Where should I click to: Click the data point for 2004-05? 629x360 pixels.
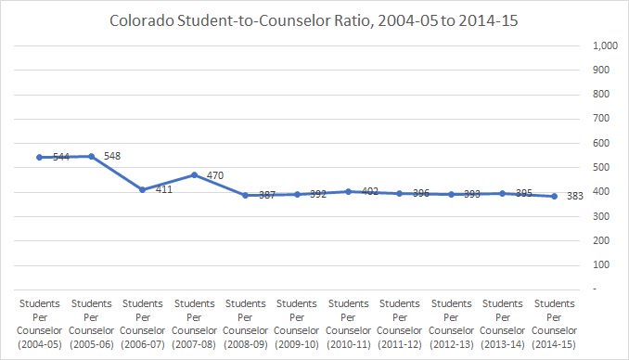[x=40, y=157]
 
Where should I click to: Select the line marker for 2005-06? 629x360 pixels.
[x=91, y=156]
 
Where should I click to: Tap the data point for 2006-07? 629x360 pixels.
[x=143, y=189]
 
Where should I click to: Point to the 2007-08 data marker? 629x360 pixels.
[x=194, y=174]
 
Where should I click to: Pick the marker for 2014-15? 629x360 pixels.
[x=555, y=196]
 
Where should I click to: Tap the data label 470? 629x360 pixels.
[x=215, y=174]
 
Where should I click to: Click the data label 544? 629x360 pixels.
[x=60, y=158]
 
